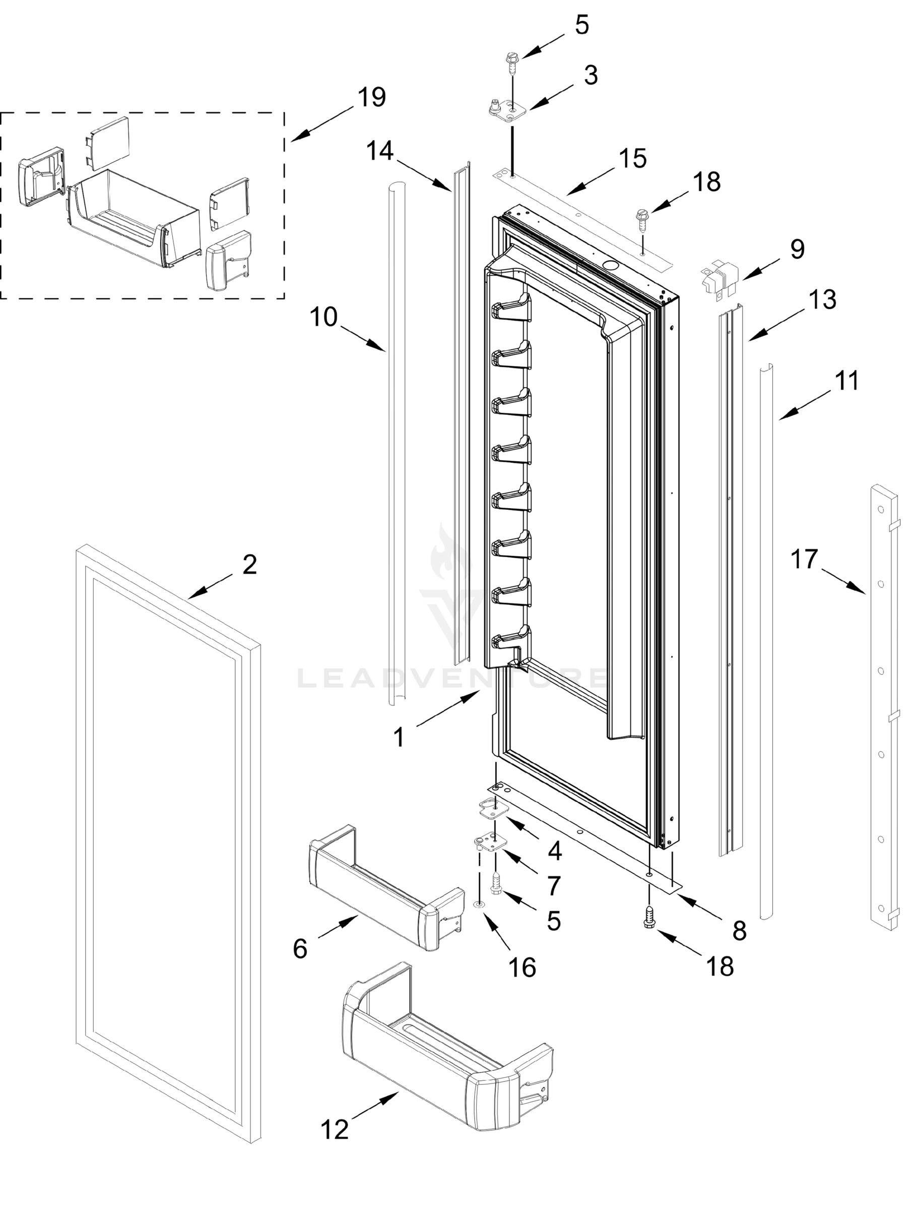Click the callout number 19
[372, 97]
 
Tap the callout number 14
[379, 150]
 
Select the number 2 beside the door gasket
[249, 565]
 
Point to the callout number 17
[803, 559]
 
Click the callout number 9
[797, 250]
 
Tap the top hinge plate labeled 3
[506, 108]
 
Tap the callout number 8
[739, 930]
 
